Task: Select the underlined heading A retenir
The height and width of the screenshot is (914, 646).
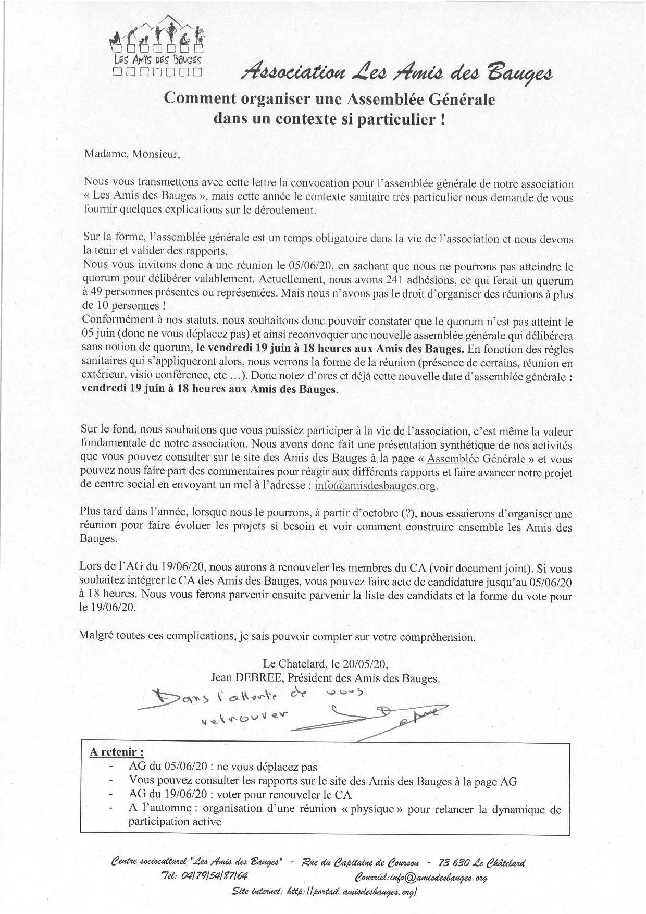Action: (x=117, y=752)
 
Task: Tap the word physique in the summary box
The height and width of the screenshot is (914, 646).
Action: (x=369, y=809)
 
